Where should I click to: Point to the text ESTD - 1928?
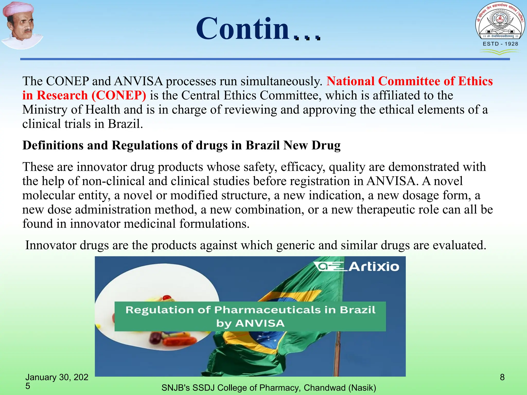click(x=500, y=44)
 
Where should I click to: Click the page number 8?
click(x=502, y=377)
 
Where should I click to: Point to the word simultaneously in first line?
click(x=282, y=82)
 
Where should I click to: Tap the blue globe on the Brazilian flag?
click(x=270, y=339)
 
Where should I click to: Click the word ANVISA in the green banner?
click(x=260, y=323)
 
